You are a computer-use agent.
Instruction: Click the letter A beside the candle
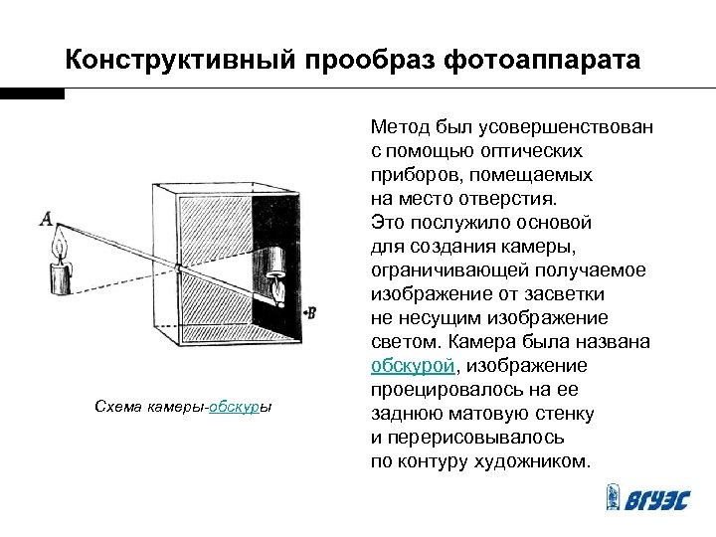45,217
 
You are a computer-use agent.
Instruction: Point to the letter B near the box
311,312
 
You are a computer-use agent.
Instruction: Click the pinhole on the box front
177,267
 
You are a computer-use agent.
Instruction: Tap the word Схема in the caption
116,407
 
